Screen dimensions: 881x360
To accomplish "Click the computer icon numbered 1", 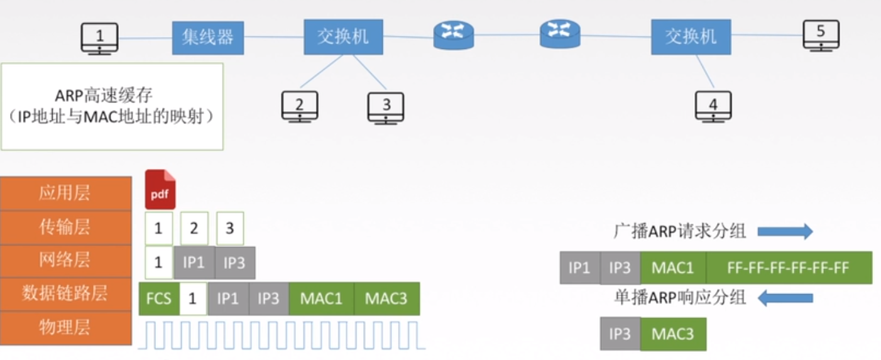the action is coord(99,38).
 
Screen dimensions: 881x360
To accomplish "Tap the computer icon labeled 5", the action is coord(821,35).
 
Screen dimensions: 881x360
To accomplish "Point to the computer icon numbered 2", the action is coord(300,107).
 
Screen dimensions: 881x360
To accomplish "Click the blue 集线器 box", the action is coord(208,38).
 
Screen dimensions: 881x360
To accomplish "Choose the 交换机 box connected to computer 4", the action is coord(691,37).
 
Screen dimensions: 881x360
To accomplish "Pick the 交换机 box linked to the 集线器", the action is coord(343,37).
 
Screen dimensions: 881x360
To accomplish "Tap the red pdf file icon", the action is coord(160,189).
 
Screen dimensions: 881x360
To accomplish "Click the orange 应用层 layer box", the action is coord(66,193).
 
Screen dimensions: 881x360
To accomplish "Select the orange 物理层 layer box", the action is coord(66,328).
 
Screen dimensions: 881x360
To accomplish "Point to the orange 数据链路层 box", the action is coord(66,294).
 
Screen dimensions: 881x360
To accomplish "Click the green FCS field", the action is coord(159,298).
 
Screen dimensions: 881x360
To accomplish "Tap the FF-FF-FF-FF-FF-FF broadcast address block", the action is coord(789,268).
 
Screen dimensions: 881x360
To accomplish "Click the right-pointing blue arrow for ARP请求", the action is coord(785,231).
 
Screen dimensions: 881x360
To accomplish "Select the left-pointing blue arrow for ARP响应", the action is coord(785,298).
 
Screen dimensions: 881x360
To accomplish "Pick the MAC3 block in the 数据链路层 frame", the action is coord(386,298).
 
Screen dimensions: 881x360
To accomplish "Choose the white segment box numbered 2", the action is coord(194,228).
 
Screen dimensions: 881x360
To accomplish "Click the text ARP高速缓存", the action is coord(104,95).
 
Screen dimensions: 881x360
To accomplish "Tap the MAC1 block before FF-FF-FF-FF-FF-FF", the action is coord(673,268).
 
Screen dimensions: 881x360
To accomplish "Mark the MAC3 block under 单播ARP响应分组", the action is coord(673,334).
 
